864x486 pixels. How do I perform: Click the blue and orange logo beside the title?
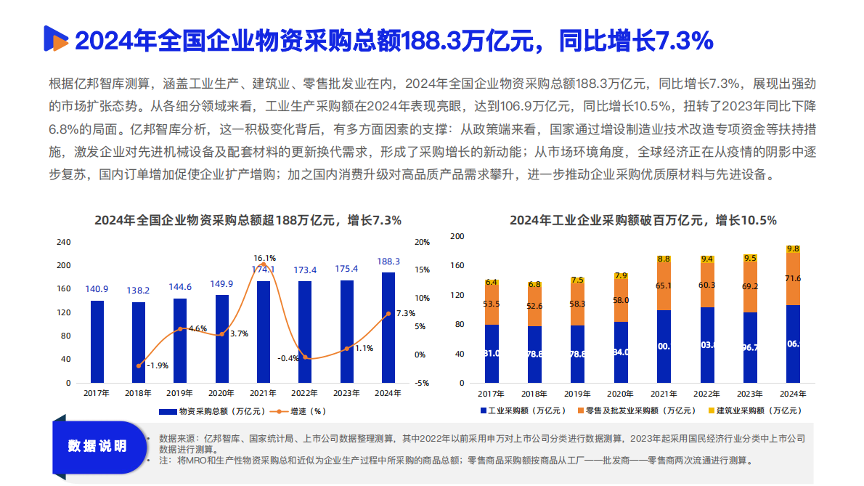pos(55,40)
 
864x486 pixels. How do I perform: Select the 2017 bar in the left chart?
pos(97,341)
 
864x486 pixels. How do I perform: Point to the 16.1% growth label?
pos(264,258)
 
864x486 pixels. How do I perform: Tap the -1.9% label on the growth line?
pos(158,366)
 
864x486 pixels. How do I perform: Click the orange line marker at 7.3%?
pos(388,314)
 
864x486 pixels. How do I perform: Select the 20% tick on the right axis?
pos(422,242)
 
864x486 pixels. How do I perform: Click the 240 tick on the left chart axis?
pos(64,242)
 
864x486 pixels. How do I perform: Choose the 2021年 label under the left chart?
pos(263,393)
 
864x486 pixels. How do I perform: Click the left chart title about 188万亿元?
pos(248,220)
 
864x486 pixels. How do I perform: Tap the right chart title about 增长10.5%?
pos(643,220)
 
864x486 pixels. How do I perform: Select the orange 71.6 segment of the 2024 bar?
pos(793,279)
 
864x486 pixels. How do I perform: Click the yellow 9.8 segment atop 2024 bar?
pos(793,248)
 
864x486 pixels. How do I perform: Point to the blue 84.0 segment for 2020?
pos(620,352)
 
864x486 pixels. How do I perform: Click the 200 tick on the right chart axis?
pos(457,236)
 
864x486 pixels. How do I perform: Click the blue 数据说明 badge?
pos(97,445)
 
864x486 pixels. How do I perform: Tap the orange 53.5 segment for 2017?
pos(492,305)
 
